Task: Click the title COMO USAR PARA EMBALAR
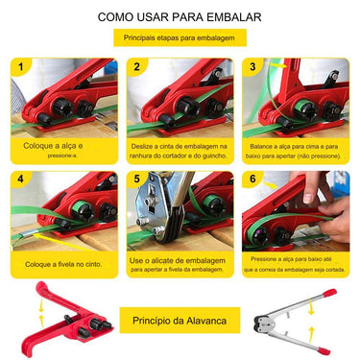[180, 17]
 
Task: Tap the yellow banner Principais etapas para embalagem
[180, 37]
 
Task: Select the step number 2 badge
[136, 67]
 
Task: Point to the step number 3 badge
[252, 67]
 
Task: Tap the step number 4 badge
[20, 180]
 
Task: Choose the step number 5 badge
[136, 180]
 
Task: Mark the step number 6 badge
[252, 180]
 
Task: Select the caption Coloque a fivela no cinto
[63, 262]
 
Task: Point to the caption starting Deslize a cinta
[180, 148]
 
